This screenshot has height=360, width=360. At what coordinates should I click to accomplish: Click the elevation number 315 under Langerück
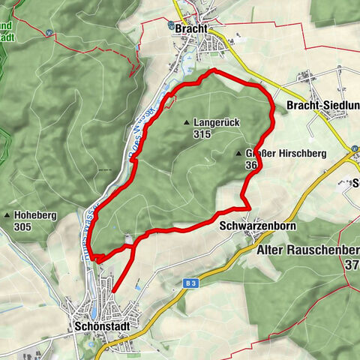tap(201, 134)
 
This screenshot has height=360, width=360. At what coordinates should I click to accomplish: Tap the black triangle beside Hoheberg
tap(7, 215)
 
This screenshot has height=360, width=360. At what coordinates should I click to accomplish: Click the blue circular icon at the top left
tap(49, 33)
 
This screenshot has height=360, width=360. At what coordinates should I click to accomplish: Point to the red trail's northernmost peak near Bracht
tap(214, 70)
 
